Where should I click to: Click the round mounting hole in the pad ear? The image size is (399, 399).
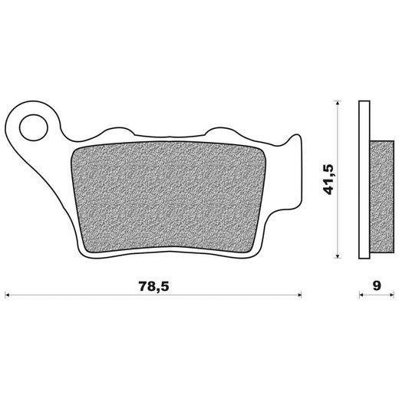point(34,127)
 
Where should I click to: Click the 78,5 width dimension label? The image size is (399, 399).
point(154,286)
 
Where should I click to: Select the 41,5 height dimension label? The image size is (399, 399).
point(328,180)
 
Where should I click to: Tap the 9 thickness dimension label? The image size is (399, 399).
point(377,285)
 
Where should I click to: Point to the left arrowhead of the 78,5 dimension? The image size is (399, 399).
point(7,295)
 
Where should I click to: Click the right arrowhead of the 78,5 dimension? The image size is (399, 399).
point(299,295)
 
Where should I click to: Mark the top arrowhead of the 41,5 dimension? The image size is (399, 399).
point(338,103)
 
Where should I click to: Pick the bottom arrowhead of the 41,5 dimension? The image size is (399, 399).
point(338,256)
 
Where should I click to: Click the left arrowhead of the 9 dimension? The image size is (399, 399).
point(361,295)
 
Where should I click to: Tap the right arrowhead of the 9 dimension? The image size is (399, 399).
point(391,295)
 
